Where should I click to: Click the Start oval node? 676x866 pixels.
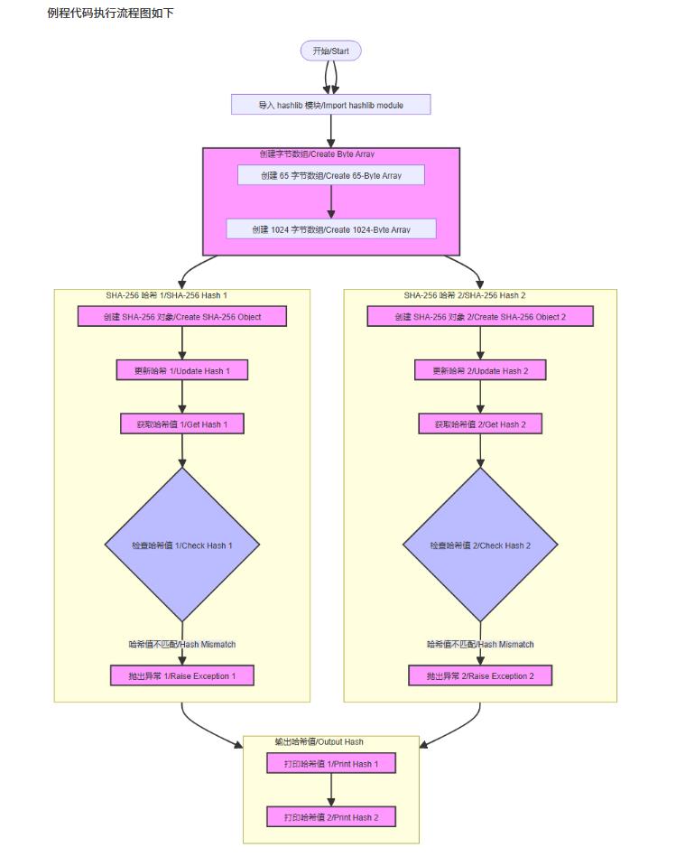(330, 51)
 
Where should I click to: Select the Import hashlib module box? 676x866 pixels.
(330, 105)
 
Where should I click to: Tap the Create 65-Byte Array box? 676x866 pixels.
(330, 175)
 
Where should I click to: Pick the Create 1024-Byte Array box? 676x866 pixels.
(330, 229)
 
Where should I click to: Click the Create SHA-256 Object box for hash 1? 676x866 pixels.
(182, 316)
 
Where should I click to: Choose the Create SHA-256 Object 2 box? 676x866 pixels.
(480, 316)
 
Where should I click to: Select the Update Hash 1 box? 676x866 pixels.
(182, 370)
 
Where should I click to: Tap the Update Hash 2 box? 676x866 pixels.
(480, 370)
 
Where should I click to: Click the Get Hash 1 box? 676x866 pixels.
(182, 424)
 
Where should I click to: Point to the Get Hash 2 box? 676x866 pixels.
(480, 424)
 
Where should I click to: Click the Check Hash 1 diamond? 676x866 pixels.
(182, 545)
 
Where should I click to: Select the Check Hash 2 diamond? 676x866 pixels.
(480, 545)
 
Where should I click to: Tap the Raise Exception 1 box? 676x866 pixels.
(182, 675)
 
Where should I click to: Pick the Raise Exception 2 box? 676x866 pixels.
(480, 675)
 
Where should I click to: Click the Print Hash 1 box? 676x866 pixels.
(331, 764)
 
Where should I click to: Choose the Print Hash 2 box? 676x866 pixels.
(331, 817)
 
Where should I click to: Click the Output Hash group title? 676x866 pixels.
(319, 741)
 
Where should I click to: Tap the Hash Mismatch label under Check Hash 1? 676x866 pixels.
(182, 644)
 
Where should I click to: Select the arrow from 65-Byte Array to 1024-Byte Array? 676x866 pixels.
(331, 201)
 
